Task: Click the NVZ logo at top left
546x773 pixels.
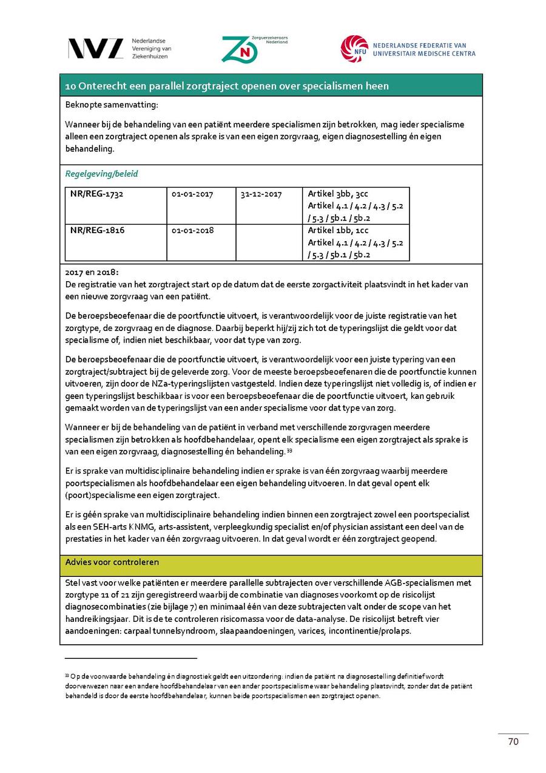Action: pos(95,49)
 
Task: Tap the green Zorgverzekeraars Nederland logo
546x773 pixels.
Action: pos(239,49)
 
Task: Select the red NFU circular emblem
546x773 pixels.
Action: pos(354,49)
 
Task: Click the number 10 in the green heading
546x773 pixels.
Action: pos(70,86)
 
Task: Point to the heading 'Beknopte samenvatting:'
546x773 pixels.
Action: pos(111,104)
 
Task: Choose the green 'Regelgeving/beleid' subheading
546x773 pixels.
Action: pos(101,174)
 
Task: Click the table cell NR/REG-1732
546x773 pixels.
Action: pos(97,194)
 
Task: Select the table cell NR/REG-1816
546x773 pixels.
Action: pos(97,231)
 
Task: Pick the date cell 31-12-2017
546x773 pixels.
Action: pos(261,194)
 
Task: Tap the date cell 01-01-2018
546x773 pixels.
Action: pos(192,231)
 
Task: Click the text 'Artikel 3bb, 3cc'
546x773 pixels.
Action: pos(338,194)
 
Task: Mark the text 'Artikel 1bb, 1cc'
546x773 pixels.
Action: pos(338,230)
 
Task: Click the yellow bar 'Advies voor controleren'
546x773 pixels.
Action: pos(112,562)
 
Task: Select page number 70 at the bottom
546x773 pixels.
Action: pos(513,741)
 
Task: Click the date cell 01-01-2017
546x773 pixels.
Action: pos(192,194)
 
